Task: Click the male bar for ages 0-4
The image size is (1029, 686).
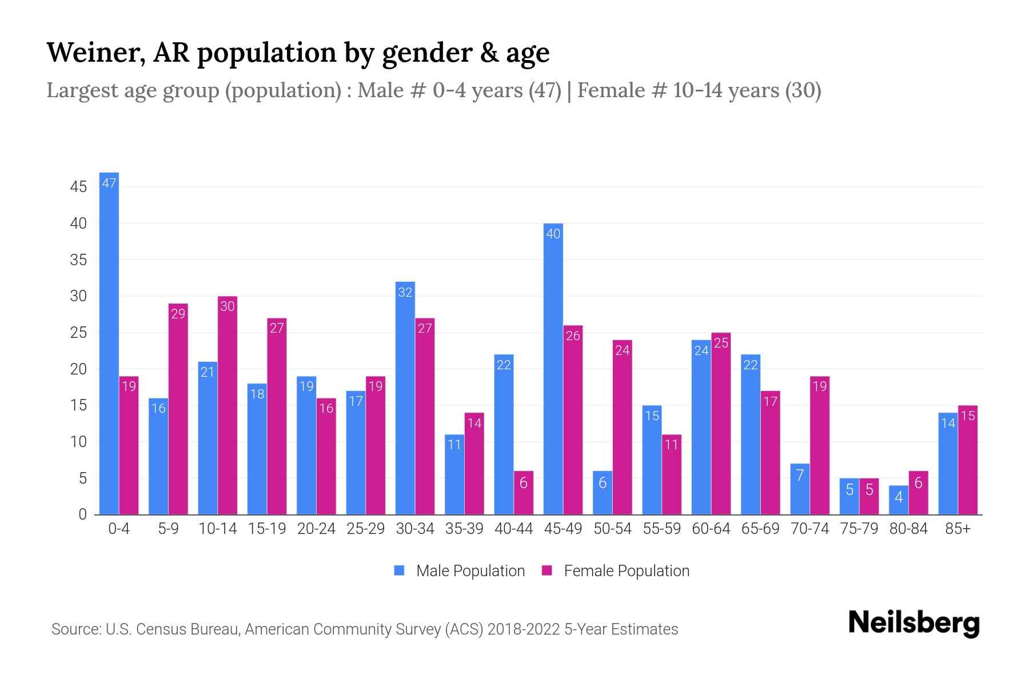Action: (x=109, y=343)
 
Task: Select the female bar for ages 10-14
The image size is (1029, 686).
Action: (x=228, y=406)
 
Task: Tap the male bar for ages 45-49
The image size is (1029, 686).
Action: (x=553, y=369)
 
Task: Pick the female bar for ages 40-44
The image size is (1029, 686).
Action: (x=523, y=493)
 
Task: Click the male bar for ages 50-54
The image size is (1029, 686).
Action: (x=602, y=493)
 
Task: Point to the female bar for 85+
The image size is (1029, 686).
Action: (x=967, y=460)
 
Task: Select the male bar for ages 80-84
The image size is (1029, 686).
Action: (x=898, y=500)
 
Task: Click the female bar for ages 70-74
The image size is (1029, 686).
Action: (x=819, y=446)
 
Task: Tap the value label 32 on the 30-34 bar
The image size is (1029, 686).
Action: (x=405, y=293)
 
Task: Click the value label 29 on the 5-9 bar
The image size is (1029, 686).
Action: (x=178, y=314)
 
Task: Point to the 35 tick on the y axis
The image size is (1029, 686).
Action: (x=78, y=260)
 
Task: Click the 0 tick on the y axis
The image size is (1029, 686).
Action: (x=83, y=514)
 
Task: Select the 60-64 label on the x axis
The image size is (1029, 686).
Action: (x=711, y=529)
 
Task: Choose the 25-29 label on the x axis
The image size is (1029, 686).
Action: (x=365, y=529)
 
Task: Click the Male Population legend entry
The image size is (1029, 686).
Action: (x=470, y=571)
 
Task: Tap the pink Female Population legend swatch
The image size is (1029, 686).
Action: (x=547, y=571)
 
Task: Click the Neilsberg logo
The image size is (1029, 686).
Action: (x=914, y=624)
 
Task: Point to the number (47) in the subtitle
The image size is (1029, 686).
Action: (x=544, y=90)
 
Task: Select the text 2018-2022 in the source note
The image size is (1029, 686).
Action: (x=524, y=629)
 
